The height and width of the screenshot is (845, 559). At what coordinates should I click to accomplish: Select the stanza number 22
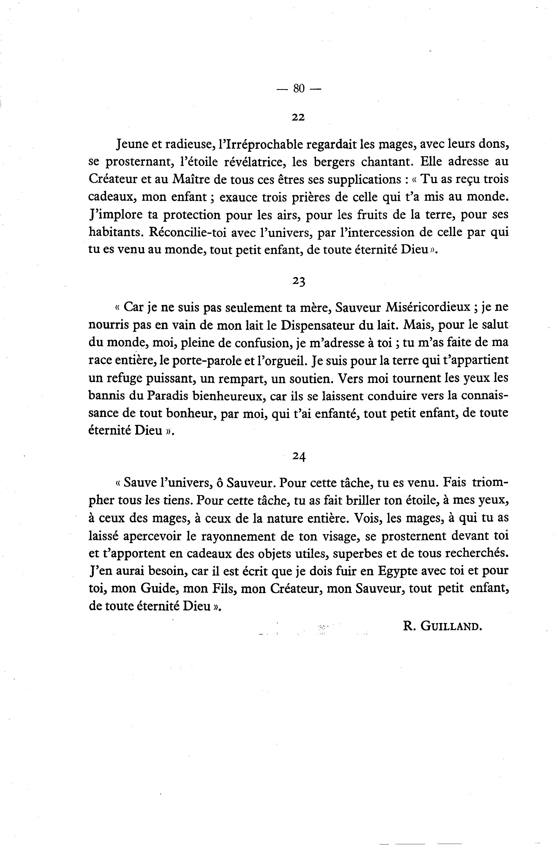click(298, 117)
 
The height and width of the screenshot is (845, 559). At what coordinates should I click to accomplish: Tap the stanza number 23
click(299, 281)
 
